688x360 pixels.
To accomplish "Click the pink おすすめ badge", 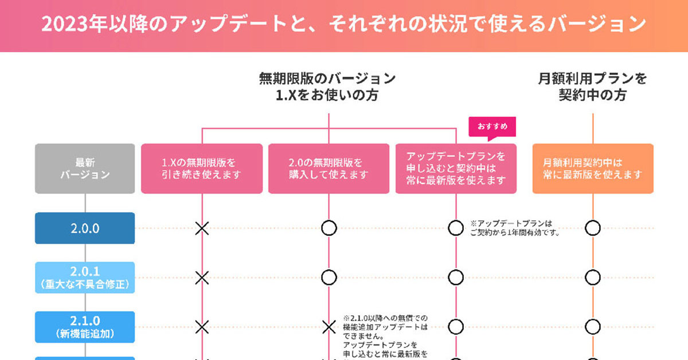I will (x=492, y=127).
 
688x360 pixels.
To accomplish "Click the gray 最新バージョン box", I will (x=85, y=169).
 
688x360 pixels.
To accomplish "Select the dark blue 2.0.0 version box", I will (x=85, y=228).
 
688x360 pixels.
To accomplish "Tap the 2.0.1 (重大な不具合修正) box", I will (x=85, y=277).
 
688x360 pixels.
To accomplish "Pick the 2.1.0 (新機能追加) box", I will (x=85, y=327).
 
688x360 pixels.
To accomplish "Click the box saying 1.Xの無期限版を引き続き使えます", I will (x=202, y=169).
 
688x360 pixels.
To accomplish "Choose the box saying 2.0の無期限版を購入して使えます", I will (x=329, y=169).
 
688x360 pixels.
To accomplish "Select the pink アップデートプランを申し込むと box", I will (x=456, y=169).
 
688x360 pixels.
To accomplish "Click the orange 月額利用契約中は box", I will (x=593, y=169).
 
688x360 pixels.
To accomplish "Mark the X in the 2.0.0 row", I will (x=202, y=228).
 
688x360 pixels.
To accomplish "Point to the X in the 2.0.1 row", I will (x=202, y=278).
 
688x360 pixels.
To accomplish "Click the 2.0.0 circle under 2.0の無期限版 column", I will (x=329, y=228).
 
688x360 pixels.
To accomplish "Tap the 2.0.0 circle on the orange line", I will (x=593, y=228).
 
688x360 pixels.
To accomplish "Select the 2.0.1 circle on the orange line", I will (x=593, y=278).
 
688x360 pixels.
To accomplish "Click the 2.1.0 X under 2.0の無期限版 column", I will (x=329, y=327).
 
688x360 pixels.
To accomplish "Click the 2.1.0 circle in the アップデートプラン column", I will (x=456, y=327).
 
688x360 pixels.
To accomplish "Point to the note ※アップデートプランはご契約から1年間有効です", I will (x=514, y=228).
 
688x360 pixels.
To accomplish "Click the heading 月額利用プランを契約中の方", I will (x=593, y=87).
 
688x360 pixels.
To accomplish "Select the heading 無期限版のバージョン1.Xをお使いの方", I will (x=327, y=87).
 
